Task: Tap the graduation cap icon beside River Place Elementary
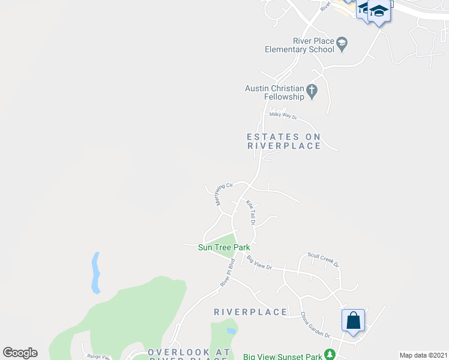(x=342, y=43)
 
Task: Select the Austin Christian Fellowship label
(x=274, y=92)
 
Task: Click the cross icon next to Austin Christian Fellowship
(x=311, y=91)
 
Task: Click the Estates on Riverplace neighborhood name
(x=284, y=141)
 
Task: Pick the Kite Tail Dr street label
(x=252, y=213)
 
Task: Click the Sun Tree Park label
(x=224, y=247)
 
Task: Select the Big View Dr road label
(x=259, y=263)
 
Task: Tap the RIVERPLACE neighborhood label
(x=250, y=312)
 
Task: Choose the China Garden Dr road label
(x=315, y=325)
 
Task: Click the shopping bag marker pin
(x=354, y=320)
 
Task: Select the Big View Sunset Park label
(x=283, y=357)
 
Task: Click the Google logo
(x=20, y=353)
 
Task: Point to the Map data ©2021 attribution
(x=423, y=355)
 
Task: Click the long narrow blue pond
(x=95, y=273)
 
